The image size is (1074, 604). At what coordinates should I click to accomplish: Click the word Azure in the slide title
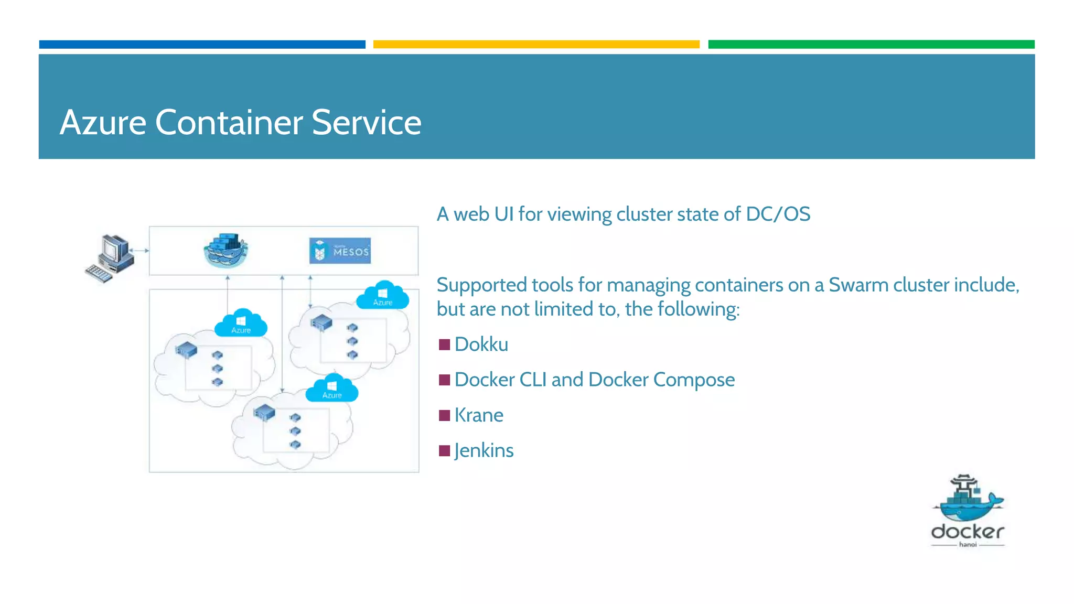[103, 123]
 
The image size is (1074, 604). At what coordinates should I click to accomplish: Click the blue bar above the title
[202, 45]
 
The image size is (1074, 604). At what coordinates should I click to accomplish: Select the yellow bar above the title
[536, 45]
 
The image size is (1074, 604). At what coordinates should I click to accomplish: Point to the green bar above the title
[871, 45]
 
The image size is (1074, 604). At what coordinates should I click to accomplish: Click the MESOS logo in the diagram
[340, 251]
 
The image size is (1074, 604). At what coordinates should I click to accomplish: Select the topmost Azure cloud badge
[382, 296]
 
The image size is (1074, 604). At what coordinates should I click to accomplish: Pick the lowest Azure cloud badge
[332, 389]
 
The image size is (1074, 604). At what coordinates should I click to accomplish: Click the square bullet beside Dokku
[444, 344]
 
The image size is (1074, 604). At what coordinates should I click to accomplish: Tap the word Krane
[478, 415]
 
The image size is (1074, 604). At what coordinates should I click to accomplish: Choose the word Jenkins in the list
[484, 450]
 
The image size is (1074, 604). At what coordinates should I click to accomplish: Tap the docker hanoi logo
[968, 511]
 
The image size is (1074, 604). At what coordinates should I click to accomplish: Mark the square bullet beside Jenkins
[444, 450]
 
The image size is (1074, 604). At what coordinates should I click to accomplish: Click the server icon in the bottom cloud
[264, 413]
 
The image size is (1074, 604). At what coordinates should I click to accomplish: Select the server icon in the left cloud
[186, 349]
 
